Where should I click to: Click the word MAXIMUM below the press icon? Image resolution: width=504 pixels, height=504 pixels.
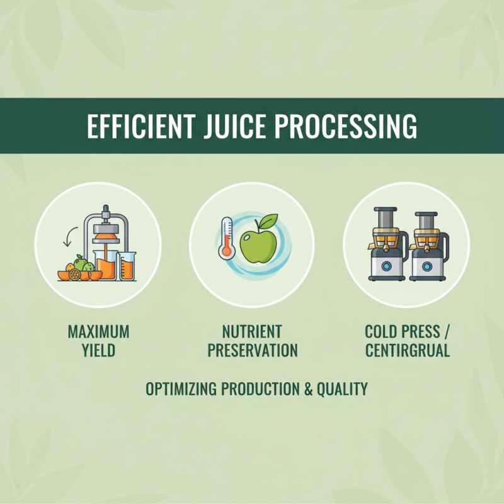98,331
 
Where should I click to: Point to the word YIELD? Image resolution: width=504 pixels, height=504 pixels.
98,350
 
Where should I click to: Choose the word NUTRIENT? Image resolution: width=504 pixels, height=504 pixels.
252,331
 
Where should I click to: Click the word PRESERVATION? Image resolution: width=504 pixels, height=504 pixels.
252,350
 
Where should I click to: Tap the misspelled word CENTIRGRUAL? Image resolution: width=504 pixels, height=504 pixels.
408,350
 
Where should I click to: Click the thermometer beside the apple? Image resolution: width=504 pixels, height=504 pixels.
225,238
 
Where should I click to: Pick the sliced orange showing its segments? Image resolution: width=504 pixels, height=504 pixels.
75,274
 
